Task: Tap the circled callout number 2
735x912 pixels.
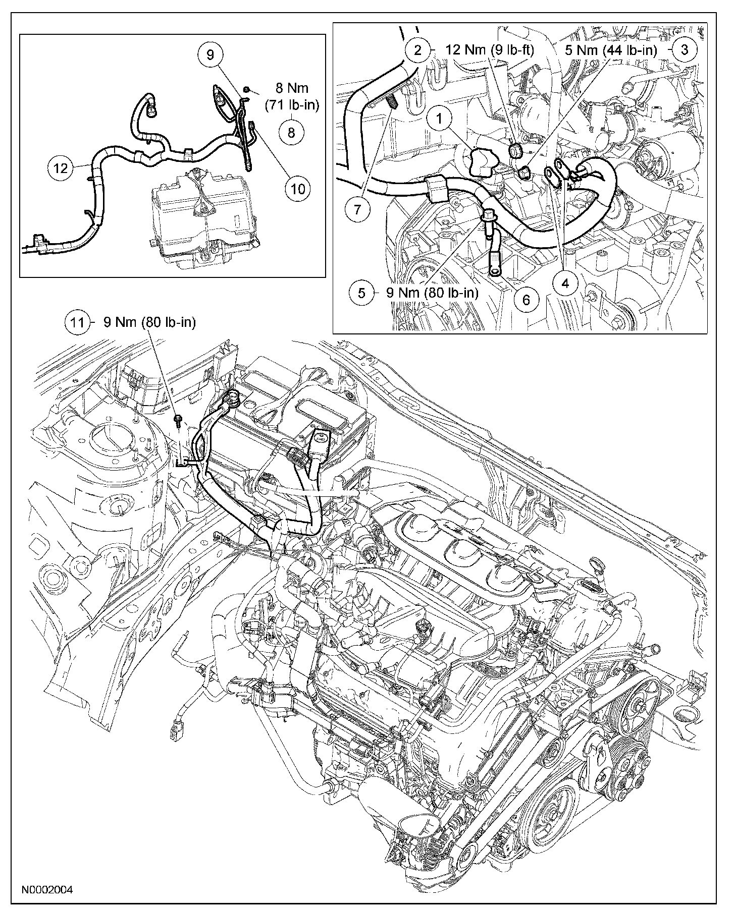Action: pos(417,50)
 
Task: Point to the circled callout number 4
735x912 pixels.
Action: pos(565,283)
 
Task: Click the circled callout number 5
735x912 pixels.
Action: pos(362,293)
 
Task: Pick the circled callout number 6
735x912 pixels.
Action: pos(526,300)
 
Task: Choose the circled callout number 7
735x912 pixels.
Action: pos(358,209)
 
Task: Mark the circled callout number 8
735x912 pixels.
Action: pos(291,132)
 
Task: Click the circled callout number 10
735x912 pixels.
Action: pos(298,189)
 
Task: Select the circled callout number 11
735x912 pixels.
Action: pos(77,322)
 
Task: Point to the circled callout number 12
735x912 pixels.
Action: pos(61,168)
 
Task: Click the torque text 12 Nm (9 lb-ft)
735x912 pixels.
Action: pos(490,50)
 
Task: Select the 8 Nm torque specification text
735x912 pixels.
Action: pos(291,97)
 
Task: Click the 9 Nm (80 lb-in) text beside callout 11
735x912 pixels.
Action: pos(149,322)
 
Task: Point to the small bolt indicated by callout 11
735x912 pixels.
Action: pos(179,420)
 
